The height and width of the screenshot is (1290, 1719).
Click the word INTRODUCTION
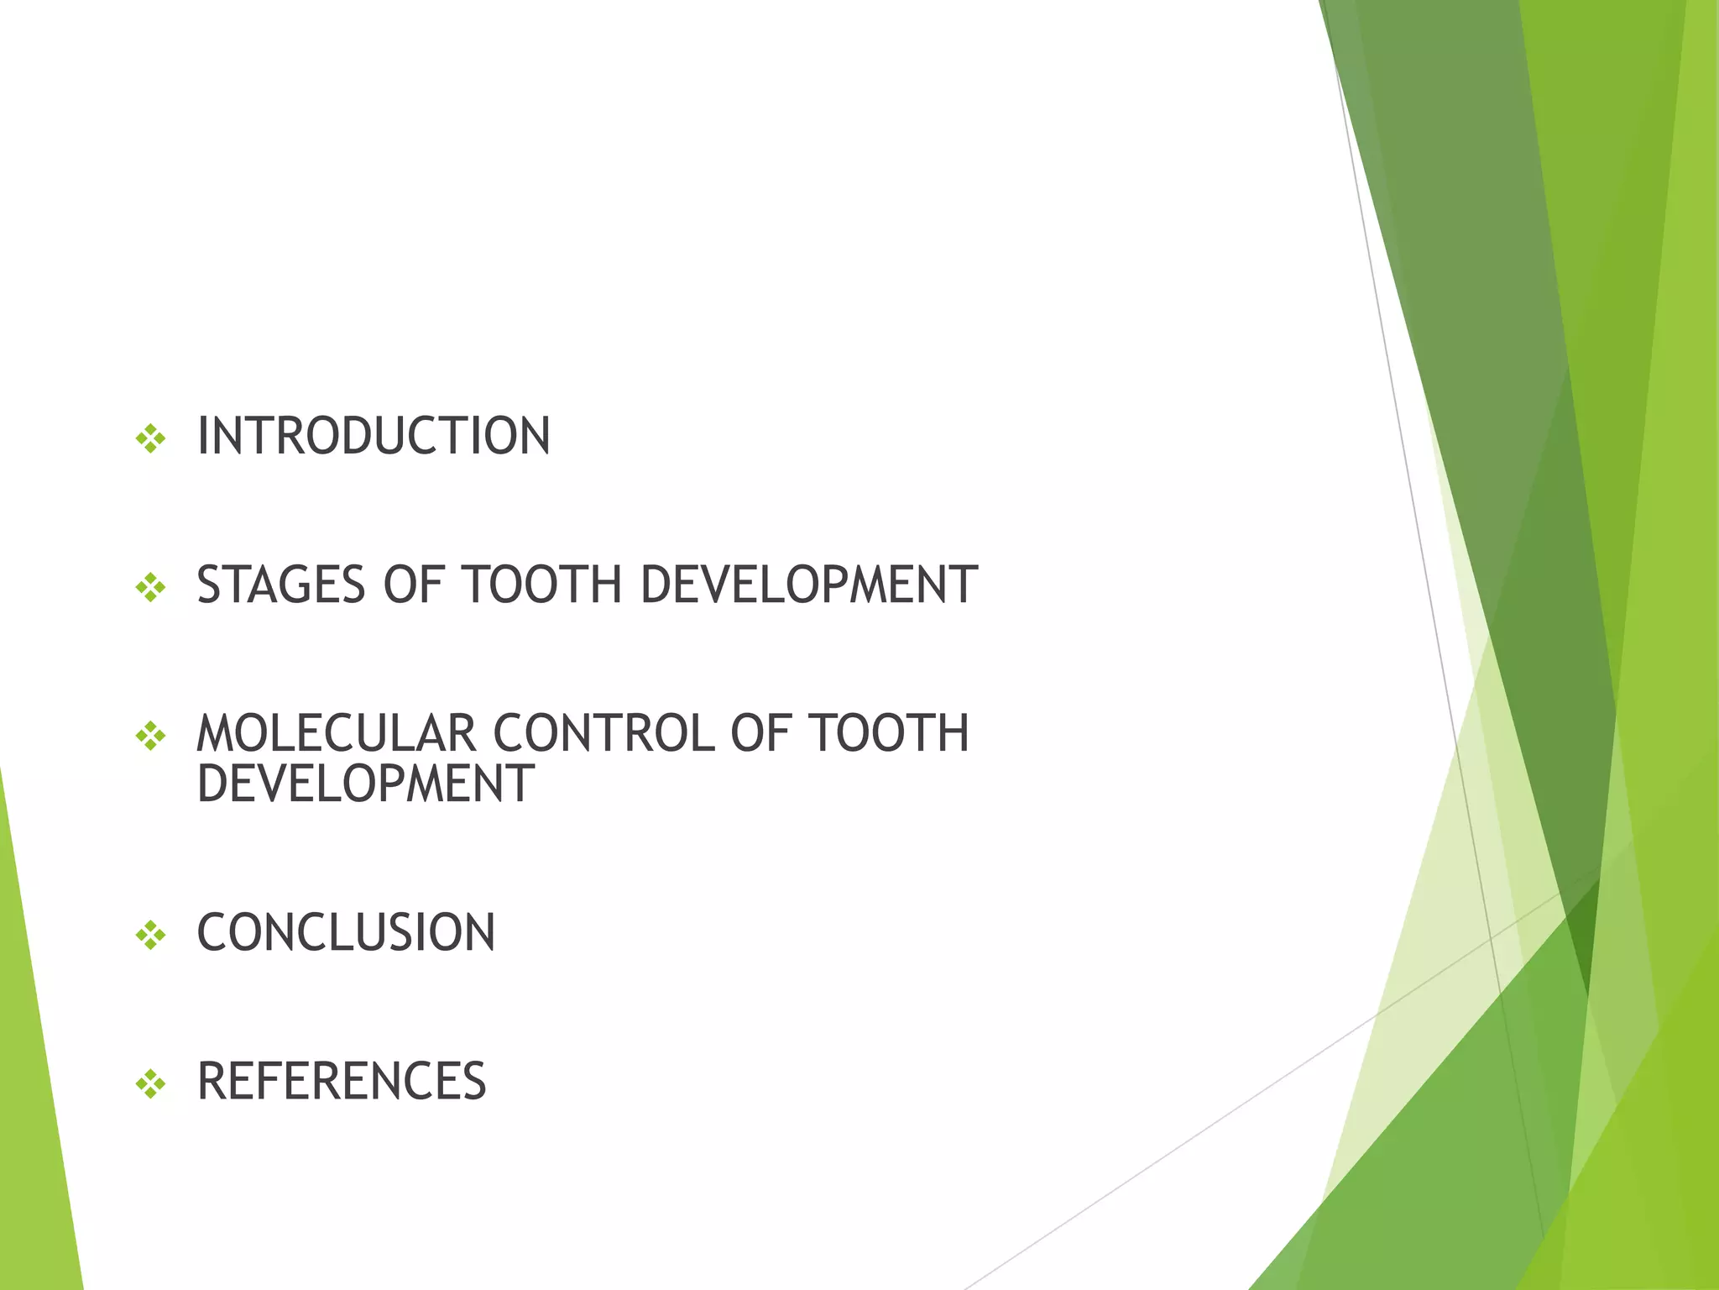pos(374,437)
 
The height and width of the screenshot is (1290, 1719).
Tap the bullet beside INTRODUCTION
pos(151,438)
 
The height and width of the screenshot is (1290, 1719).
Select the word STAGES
pos(281,585)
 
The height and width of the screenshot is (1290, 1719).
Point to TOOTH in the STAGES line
pos(541,585)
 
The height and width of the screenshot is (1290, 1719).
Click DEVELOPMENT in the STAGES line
pos(808,585)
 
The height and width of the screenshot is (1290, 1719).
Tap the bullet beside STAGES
pos(151,586)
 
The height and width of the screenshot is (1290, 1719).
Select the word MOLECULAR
pos(336,733)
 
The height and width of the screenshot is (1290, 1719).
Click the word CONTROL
pos(603,733)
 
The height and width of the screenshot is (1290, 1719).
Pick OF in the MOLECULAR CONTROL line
pos(760,733)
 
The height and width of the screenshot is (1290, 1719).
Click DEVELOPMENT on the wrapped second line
pos(365,784)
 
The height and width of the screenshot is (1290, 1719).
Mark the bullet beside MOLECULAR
pos(151,736)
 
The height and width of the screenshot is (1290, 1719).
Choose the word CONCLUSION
pos(346,933)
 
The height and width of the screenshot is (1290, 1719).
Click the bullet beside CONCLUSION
pos(151,934)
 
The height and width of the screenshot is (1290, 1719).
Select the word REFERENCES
pos(342,1082)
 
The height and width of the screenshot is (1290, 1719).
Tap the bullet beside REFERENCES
pos(151,1083)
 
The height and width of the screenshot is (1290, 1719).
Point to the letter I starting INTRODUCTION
pos(202,437)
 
